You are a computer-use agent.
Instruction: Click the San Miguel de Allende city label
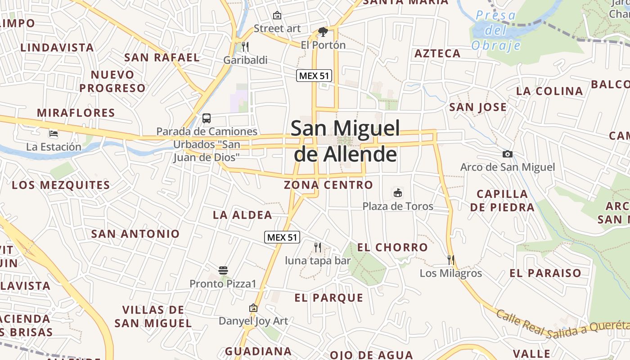(345, 141)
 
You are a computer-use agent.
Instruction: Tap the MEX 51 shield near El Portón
(314, 76)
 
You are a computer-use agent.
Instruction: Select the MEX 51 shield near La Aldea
(282, 237)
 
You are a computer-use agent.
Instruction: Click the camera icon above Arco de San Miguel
(508, 154)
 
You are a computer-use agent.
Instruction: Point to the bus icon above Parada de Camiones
(207, 118)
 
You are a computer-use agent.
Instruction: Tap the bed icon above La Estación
(54, 134)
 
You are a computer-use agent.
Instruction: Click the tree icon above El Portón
(323, 31)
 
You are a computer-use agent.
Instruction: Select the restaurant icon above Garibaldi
(245, 46)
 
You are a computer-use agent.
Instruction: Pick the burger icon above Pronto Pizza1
(223, 270)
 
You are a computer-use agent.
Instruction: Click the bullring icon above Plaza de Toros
(398, 193)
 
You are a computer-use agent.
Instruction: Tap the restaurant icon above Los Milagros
(451, 260)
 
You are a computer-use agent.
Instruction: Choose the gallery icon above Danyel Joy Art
(253, 308)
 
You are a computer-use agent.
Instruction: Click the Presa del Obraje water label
(496, 30)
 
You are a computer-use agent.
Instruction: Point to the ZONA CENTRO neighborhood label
(328, 185)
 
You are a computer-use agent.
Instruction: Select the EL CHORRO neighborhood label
(392, 247)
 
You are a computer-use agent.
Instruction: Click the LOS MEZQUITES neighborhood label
(61, 185)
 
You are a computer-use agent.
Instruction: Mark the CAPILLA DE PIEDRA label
(502, 201)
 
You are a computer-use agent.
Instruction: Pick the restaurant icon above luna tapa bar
(318, 247)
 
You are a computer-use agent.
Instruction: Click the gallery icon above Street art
(277, 15)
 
